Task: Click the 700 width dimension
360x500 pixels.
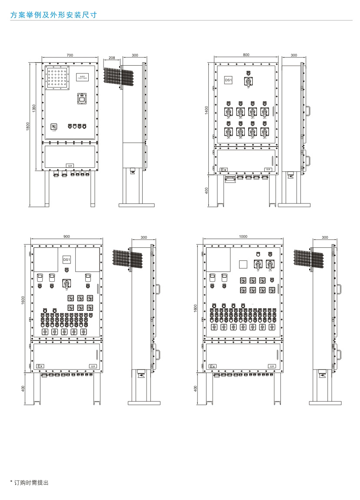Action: click(70, 55)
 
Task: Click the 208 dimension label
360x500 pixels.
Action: click(112, 57)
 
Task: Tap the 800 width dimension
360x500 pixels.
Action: click(247, 55)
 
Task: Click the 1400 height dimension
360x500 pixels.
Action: click(207, 111)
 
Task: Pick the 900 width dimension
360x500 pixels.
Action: click(67, 237)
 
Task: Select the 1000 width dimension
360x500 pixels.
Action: click(243, 237)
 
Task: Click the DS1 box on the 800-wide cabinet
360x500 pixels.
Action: click(229, 80)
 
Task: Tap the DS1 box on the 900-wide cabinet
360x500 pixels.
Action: click(67, 260)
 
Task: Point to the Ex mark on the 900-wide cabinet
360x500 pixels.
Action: click(40, 366)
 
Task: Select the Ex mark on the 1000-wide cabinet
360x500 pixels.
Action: click(213, 367)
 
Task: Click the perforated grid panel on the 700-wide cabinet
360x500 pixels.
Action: click(58, 78)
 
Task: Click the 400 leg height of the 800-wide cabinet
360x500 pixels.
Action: click(207, 190)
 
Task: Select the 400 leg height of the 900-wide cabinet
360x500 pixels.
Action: click(23, 388)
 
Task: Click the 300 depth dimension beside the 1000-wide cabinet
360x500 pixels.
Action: click(325, 237)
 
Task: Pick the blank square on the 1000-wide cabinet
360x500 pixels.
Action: click(243, 264)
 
